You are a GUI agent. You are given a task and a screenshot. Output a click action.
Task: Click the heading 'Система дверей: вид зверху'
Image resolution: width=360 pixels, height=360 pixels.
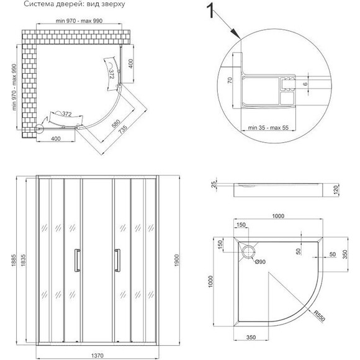(74, 4)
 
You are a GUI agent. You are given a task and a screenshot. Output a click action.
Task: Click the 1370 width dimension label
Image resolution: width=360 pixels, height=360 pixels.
(97, 356)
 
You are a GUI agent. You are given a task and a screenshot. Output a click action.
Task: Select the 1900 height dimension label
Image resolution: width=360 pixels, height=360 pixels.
(176, 260)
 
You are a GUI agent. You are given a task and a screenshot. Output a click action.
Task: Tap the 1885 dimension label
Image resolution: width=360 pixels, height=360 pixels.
(13, 260)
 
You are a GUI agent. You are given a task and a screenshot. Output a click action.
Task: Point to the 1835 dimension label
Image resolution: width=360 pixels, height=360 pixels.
(23, 260)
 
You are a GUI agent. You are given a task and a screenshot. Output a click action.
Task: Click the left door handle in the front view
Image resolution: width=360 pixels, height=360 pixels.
(77, 260)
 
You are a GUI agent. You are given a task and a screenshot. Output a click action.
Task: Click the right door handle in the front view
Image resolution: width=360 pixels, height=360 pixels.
(117, 260)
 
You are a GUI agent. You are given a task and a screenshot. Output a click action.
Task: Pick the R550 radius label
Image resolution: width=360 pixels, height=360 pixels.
(320, 316)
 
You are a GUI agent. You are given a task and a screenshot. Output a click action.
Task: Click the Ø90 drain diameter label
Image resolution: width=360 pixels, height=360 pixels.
(260, 261)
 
